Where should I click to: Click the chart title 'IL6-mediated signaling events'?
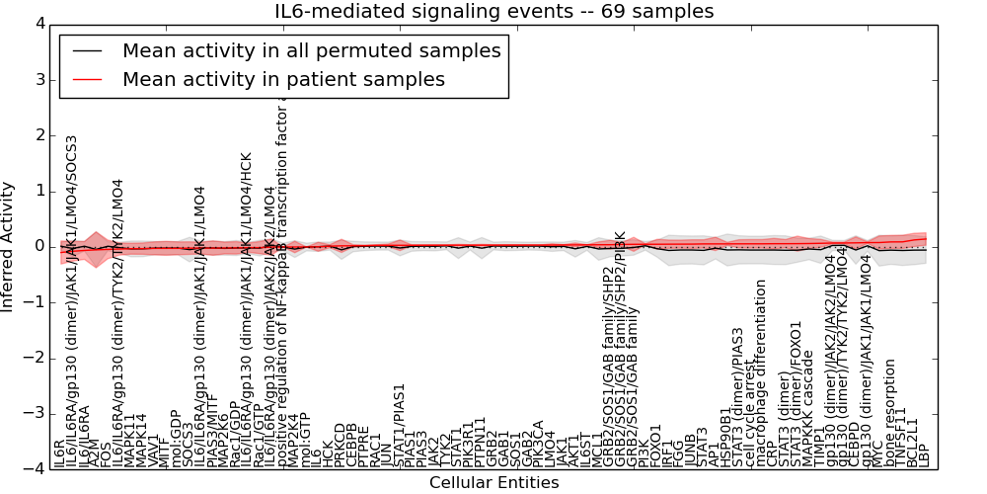[493, 12]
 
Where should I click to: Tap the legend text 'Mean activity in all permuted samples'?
[311, 50]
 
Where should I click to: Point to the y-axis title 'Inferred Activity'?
[9, 246]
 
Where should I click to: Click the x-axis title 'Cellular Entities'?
[493, 483]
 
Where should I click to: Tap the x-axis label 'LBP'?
[925, 454]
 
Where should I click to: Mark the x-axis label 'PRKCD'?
[341, 444]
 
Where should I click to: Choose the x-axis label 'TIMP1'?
[819, 448]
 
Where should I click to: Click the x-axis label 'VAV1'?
[153, 451]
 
